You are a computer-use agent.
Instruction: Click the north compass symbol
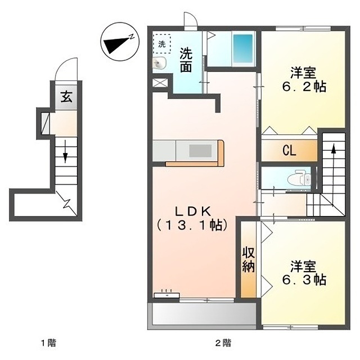pyautogui.click(x=120, y=42)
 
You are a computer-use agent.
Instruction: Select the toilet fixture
pyautogui.click(x=299, y=178)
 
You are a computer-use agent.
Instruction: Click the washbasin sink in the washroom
pyautogui.click(x=159, y=62)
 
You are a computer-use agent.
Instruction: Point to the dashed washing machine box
pyautogui.click(x=162, y=44)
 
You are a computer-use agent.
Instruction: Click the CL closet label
pyautogui.click(x=289, y=151)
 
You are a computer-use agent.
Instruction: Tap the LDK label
pyautogui.click(x=193, y=211)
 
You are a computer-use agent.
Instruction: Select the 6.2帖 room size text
pyautogui.click(x=304, y=87)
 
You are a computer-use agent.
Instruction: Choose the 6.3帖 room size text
pyautogui.click(x=304, y=280)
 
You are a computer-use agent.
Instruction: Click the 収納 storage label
pyautogui.click(x=248, y=260)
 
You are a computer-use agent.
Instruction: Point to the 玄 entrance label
pyautogui.click(x=66, y=97)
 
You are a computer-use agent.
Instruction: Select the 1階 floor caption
pyautogui.click(x=48, y=343)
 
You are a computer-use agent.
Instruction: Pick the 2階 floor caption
pyautogui.click(x=223, y=343)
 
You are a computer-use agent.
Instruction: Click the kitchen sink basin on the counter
pyautogui.click(x=200, y=151)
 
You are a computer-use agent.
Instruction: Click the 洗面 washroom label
pyautogui.click(x=186, y=60)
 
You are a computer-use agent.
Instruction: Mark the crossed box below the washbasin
pyautogui.click(x=160, y=83)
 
